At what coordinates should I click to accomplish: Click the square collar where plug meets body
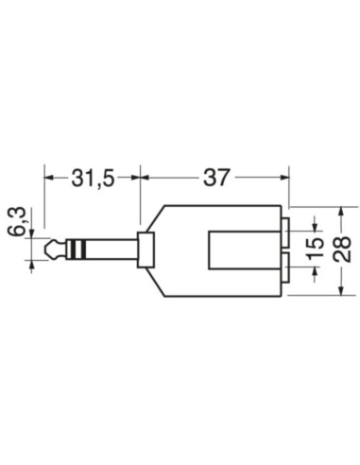145,250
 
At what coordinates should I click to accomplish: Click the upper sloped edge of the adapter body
154,218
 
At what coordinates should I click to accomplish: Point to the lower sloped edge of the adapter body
154,282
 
